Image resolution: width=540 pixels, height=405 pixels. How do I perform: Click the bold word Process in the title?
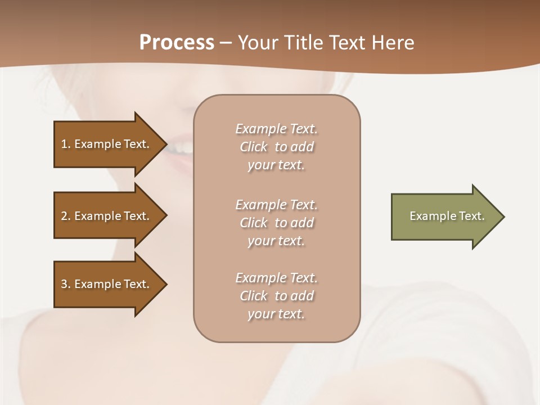(x=177, y=43)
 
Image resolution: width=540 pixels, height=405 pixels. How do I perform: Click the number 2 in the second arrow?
(x=64, y=216)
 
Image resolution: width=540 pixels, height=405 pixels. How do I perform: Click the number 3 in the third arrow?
(x=64, y=284)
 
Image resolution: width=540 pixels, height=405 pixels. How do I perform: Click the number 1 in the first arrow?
(x=64, y=144)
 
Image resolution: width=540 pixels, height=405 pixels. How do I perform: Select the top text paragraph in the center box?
(x=276, y=147)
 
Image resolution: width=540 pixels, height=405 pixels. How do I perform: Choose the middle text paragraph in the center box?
(x=276, y=223)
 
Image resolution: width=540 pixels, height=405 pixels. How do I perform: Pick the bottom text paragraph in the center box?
(x=276, y=296)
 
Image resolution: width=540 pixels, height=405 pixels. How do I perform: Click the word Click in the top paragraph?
(x=254, y=147)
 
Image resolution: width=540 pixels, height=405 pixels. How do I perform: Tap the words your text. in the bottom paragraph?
(x=276, y=314)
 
